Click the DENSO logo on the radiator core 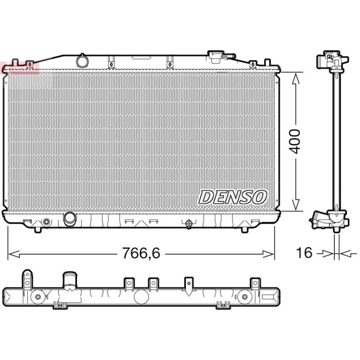[233, 197]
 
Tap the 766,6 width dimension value [141, 253]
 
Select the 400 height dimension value [295, 141]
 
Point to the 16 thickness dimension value [304, 252]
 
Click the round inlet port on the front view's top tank [82, 61]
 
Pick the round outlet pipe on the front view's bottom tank [70, 219]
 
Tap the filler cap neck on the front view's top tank [216, 57]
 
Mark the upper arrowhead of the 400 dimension [296, 78]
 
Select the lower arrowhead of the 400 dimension [296, 205]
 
